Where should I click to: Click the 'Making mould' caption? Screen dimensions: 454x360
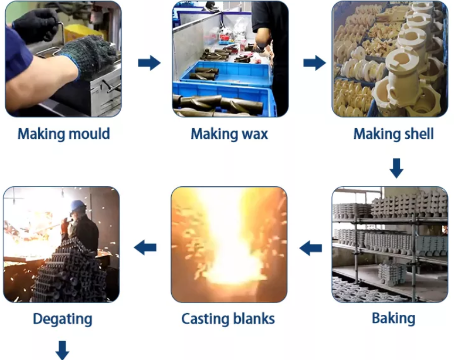pos(64,134)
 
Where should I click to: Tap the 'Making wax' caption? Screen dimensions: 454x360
pos(229,134)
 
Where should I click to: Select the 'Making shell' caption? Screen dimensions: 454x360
pos(393,134)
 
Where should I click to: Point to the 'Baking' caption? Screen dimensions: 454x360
pos(393,319)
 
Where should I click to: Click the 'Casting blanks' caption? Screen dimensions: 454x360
pos(228,319)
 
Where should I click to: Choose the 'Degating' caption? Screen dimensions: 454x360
pos(63,319)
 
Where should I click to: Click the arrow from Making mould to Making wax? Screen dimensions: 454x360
pos(149,63)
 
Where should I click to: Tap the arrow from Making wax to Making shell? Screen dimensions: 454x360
pos(315,63)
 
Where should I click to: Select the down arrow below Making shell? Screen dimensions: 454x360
pos(397,168)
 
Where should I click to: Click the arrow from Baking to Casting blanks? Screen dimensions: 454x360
pos(310,248)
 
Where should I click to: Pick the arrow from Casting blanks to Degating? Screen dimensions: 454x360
pos(145,248)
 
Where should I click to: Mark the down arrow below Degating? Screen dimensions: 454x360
pos(62,350)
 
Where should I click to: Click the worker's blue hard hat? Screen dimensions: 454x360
pos(78,206)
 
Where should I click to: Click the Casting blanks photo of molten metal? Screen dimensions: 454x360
pos(229,245)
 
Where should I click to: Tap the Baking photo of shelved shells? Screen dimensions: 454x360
pos(390,245)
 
